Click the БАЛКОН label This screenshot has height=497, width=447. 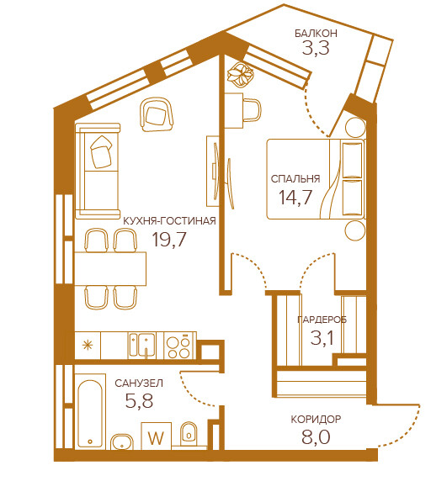[316, 34]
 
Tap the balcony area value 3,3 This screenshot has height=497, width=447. [316, 48]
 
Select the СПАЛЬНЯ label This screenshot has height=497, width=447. [295, 179]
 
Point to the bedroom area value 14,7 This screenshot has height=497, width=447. [295, 197]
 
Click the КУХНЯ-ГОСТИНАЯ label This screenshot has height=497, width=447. [169, 220]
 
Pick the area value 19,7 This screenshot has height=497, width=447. [169, 239]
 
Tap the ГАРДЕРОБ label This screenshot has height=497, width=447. [322, 320]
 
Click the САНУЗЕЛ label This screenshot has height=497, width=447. [139, 383]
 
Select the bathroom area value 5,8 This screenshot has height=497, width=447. [139, 400]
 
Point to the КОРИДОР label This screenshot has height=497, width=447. [316, 420]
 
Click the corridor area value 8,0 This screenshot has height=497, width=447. [316, 437]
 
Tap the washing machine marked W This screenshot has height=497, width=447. [156, 436]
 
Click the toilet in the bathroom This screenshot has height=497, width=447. [189, 434]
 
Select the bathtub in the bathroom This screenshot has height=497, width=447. [90, 411]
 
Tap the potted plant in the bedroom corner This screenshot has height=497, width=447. [241, 75]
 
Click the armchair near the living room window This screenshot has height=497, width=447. [156, 114]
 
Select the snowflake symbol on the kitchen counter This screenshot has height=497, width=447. [88, 345]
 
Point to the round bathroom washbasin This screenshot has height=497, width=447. [122, 441]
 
